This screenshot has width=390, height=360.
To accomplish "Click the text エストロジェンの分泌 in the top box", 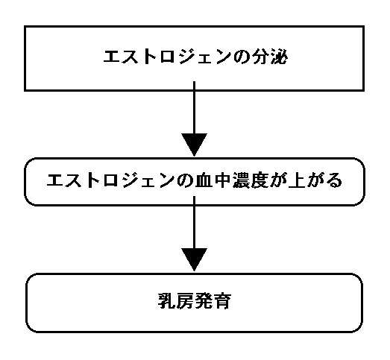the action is [195, 57].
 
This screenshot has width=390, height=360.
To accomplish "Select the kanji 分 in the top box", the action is [261, 57].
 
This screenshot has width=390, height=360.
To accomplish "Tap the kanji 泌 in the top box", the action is [279, 57].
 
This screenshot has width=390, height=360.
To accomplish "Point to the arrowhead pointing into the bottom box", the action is [194, 259].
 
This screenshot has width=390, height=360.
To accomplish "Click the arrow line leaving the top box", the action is [194, 107].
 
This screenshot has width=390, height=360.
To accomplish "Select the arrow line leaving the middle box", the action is [194, 222].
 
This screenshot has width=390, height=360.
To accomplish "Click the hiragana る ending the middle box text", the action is [334, 180].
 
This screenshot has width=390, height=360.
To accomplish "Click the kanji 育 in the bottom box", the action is [222, 301].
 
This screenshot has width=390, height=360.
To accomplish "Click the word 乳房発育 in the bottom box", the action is [195, 301].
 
